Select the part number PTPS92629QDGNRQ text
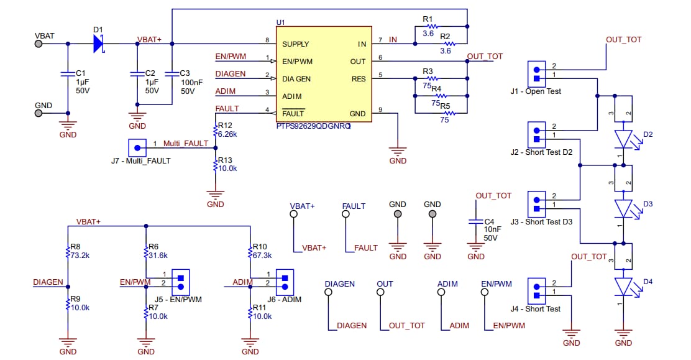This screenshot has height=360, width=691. pos(314,126)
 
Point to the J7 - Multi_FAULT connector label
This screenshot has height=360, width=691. pos(140,161)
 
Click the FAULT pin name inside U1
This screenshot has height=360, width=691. pos(293,114)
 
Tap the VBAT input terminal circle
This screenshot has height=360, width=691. pos(39,44)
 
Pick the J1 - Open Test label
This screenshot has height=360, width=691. pos(536,91)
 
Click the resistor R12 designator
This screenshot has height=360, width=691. pos(224,125)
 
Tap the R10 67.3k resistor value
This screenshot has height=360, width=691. pos(262,255)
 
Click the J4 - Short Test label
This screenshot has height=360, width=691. pos(536,309)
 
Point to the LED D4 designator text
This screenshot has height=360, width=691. pos(648,282)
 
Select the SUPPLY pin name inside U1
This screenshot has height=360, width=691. pos(296,44)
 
